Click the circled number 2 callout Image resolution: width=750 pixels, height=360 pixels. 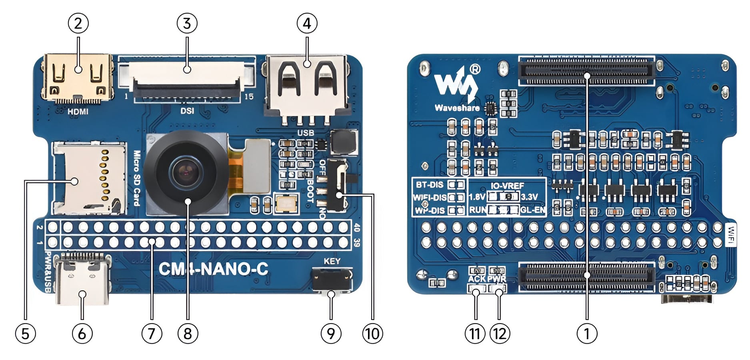(x=78, y=24)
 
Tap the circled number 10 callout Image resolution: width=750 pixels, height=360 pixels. (x=372, y=333)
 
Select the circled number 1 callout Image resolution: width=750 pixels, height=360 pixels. (x=587, y=333)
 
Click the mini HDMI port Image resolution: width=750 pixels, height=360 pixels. (x=78, y=78)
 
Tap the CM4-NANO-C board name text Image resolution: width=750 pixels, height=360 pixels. (x=213, y=268)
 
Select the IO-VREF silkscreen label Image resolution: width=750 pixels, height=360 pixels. (x=507, y=186)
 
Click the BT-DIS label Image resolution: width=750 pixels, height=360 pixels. (x=429, y=185)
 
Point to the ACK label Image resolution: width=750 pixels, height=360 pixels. (x=476, y=279)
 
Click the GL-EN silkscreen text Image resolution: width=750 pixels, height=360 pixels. (x=533, y=210)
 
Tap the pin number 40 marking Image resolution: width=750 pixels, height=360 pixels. (x=357, y=228)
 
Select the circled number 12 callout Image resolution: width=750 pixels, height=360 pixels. (x=500, y=333)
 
